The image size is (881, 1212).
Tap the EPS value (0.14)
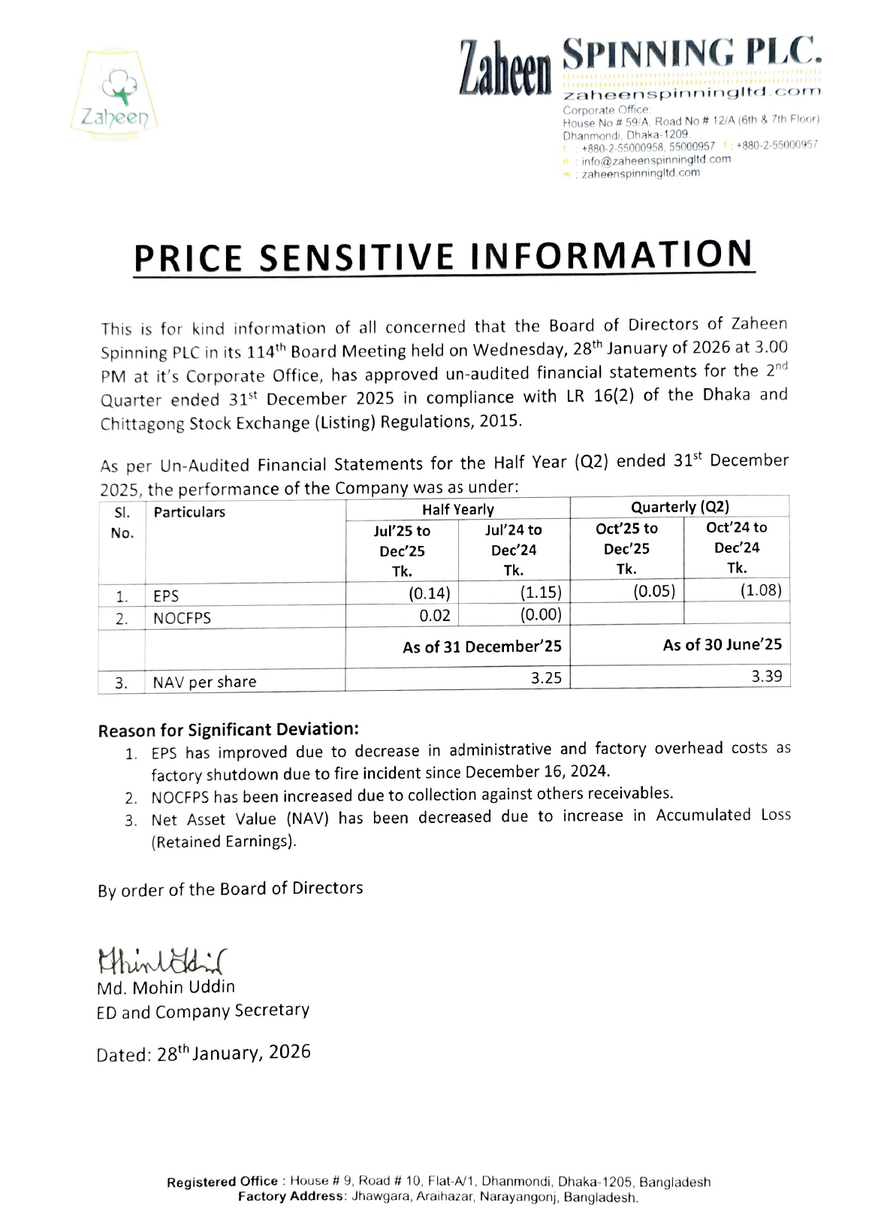pyautogui.click(x=429, y=594)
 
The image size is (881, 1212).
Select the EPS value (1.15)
pyautogui.click(x=540, y=592)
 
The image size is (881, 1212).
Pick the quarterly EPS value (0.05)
pyautogui.click(x=653, y=591)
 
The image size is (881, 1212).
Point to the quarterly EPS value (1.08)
pyautogui.click(x=760, y=590)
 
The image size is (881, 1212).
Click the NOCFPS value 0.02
pyautogui.click(x=435, y=616)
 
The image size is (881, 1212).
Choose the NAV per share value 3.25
pyautogui.click(x=546, y=677)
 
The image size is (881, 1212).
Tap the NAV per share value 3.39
pyautogui.click(x=766, y=676)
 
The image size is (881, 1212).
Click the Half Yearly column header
pyautogui.click(x=457, y=509)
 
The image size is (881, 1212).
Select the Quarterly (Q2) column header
pyautogui.click(x=680, y=507)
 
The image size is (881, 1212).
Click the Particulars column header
pyautogui.click(x=189, y=512)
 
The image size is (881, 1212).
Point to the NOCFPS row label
pyautogui.click(x=182, y=618)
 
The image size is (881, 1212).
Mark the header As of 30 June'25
pyautogui.click(x=722, y=644)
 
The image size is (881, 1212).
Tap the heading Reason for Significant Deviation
pyautogui.click(x=228, y=730)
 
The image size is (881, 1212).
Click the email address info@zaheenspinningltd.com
pyautogui.click(x=656, y=159)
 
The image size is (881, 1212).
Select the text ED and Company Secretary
pyautogui.click(x=203, y=1011)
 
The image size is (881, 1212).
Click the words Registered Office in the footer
pyautogui.click(x=222, y=1182)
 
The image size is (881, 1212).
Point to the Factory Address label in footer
pyautogui.click(x=291, y=1196)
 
